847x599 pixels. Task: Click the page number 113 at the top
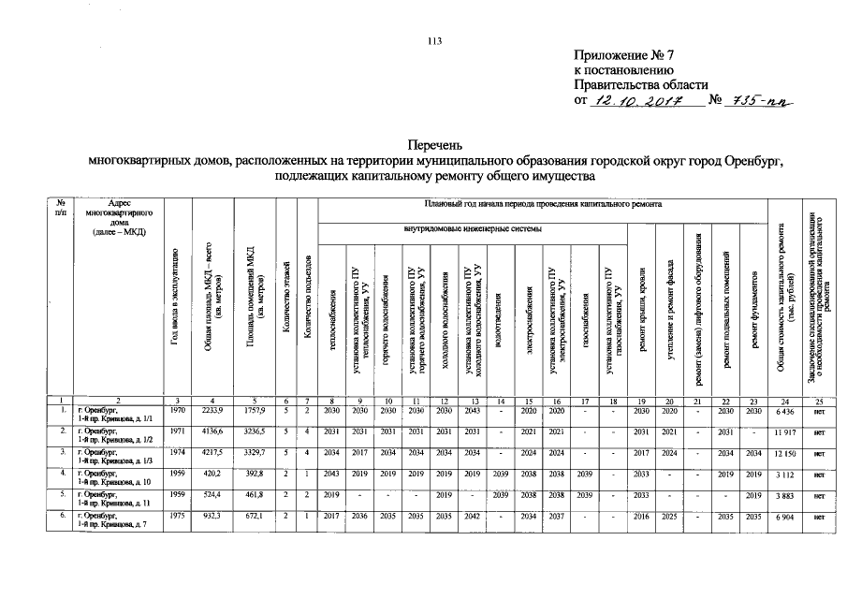pyautogui.click(x=433, y=39)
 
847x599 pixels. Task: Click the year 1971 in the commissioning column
pyautogui.click(x=176, y=433)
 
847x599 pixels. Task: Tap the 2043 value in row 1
pyautogui.click(x=473, y=412)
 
